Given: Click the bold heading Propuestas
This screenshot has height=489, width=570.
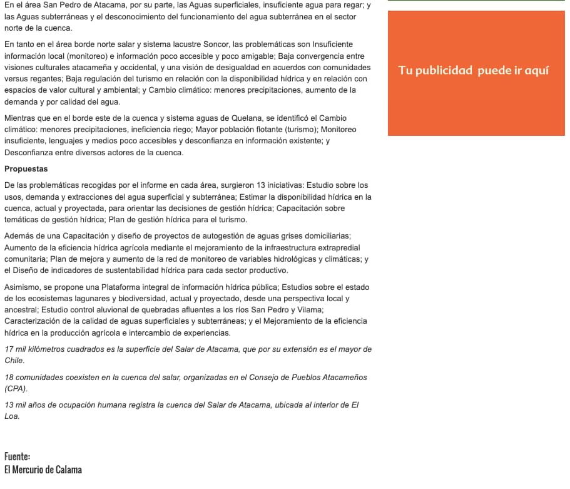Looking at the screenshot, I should pyautogui.click(x=26, y=169).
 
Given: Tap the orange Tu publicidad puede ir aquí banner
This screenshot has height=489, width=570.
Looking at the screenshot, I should pyautogui.click(x=473, y=71).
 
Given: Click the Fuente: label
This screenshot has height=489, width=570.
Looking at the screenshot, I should pyautogui.click(x=17, y=456).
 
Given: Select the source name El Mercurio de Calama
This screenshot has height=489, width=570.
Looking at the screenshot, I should pyautogui.click(x=43, y=470).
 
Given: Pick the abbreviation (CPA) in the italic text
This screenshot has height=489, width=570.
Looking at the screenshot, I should pyautogui.click(x=16, y=389).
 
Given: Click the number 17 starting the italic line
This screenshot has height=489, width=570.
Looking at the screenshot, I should pyautogui.click(x=9, y=349).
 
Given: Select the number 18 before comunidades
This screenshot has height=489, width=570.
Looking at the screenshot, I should pyautogui.click(x=9, y=378).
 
